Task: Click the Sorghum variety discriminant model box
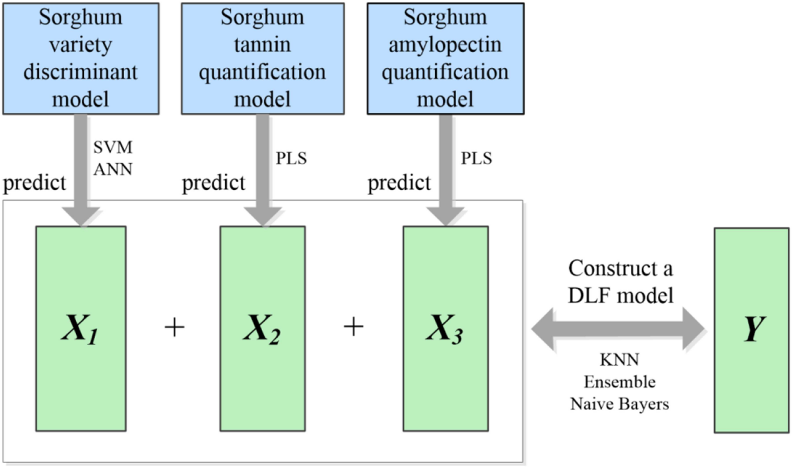pos(81,59)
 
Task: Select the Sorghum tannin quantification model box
pos(263,59)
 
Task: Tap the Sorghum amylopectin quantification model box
pos(446,59)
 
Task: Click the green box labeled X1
pos(81,329)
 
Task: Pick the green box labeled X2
pos(263,329)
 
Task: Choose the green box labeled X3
pos(446,329)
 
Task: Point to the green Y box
pos(751,331)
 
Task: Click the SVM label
pos(113,147)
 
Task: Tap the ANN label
pos(113,169)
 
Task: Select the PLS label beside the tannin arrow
pos(291,158)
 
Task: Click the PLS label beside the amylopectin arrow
pos(476,158)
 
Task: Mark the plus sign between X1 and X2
pos(175,327)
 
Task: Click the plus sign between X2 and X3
pos(354,326)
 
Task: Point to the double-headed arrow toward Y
pos(618,329)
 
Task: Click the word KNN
pos(620,360)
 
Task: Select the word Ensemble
pos(620,382)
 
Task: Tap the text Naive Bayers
pos(620,404)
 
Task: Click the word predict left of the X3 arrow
pos(399,183)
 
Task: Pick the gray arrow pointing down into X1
pos(81,170)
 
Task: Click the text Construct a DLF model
pos(620,281)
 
